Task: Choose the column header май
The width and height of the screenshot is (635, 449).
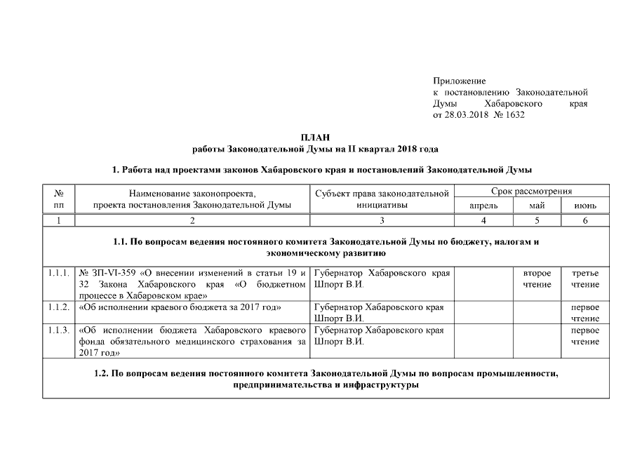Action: point(537,206)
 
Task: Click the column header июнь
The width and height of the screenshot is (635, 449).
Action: point(585,206)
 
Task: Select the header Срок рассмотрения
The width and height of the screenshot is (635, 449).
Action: point(532,191)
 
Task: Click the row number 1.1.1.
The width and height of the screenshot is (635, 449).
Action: point(59,272)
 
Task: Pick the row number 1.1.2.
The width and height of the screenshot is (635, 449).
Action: point(59,307)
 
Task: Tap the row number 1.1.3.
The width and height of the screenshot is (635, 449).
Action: point(59,330)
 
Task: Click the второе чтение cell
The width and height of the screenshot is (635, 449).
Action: point(537,279)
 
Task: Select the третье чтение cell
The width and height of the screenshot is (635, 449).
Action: point(585,279)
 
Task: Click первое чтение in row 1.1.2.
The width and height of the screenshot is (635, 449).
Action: point(585,313)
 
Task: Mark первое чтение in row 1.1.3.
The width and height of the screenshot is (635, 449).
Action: point(585,336)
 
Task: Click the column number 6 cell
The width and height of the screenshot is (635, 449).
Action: point(585,221)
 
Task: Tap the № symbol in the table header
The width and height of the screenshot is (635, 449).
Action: point(59,192)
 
